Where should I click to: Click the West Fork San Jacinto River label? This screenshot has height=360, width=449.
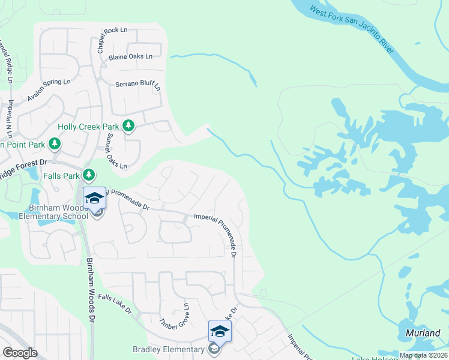point(352,29)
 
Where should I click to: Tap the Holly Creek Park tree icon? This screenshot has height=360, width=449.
point(128,126)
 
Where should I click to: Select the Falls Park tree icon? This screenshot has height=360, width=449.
point(89,175)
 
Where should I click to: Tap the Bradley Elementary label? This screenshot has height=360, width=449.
point(169,349)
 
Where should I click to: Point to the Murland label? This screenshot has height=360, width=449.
point(423,332)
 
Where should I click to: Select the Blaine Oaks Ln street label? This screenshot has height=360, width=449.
point(130,57)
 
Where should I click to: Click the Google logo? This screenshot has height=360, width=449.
point(20,353)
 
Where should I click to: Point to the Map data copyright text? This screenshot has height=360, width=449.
point(423,355)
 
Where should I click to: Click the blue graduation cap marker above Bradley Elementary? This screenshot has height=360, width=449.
point(220,331)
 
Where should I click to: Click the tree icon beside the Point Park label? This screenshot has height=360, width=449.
point(55,143)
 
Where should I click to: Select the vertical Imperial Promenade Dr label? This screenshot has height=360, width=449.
point(234,235)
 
